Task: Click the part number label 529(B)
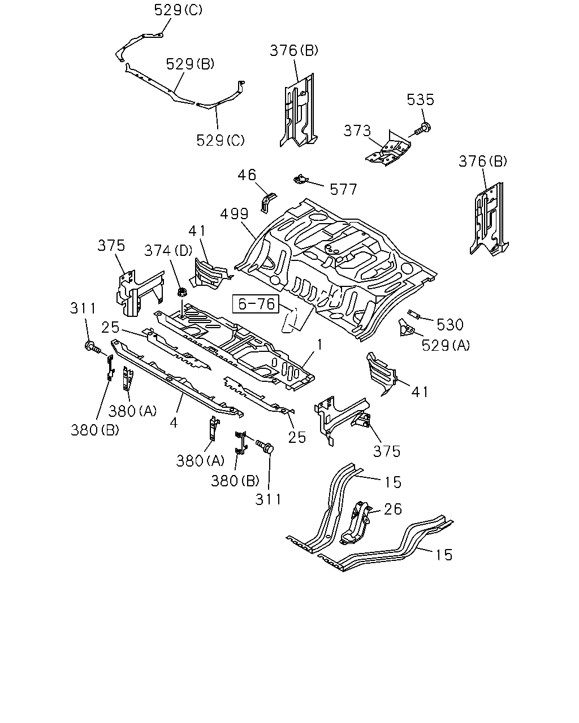pyautogui.click(x=190, y=64)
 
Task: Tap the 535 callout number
pyautogui.click(x=420, y=100)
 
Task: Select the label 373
pyautogui.click(x=357, y=130)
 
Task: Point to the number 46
pyautogui.click(x=247, y=175)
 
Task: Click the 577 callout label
pyautogui.click(x=343, y=190)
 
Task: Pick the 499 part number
pyautogui.click(x=234, y=214)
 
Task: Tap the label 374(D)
pyautogui.click(x=168, y=250)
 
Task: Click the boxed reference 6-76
pyautogui.click(x=256, y=304)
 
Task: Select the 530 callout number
pyautogui.click(x=450, y=325)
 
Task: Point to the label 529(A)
pyautogui.click(x=446, y=345)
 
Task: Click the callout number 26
pyautogui.click(x=393, y=509)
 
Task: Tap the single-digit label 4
pyautogui.click(x=174, y=423)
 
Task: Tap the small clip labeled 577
pyautogui.click(x=300, y=180)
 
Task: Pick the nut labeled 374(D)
pyautogui.click(x=182, y=292)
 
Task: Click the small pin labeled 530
pyautogui.click(x=413, y=314)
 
